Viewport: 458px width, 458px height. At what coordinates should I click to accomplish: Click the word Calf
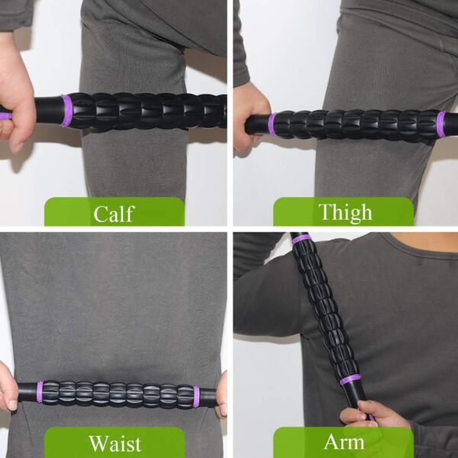click(x=114, y=213)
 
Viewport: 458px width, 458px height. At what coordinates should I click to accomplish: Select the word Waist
click(x=114, y=443)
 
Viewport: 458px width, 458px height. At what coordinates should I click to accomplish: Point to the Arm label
click(x=344, y=442)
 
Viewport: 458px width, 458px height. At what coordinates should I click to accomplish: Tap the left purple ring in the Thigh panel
click(x=271, y=124)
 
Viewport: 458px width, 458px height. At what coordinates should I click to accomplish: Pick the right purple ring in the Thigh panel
click(x=441, y=124)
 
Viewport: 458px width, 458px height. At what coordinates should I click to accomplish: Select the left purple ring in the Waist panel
click(x=40, y=392)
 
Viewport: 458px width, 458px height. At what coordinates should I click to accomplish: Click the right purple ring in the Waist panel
click(x=196, y=395)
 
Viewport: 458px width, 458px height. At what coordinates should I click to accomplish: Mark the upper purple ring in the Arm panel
click(x=302, y=239)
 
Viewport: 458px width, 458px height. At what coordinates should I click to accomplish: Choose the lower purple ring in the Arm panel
click(x=350, y=379)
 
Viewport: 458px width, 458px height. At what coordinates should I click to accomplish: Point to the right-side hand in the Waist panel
click(x=221, y=395)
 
